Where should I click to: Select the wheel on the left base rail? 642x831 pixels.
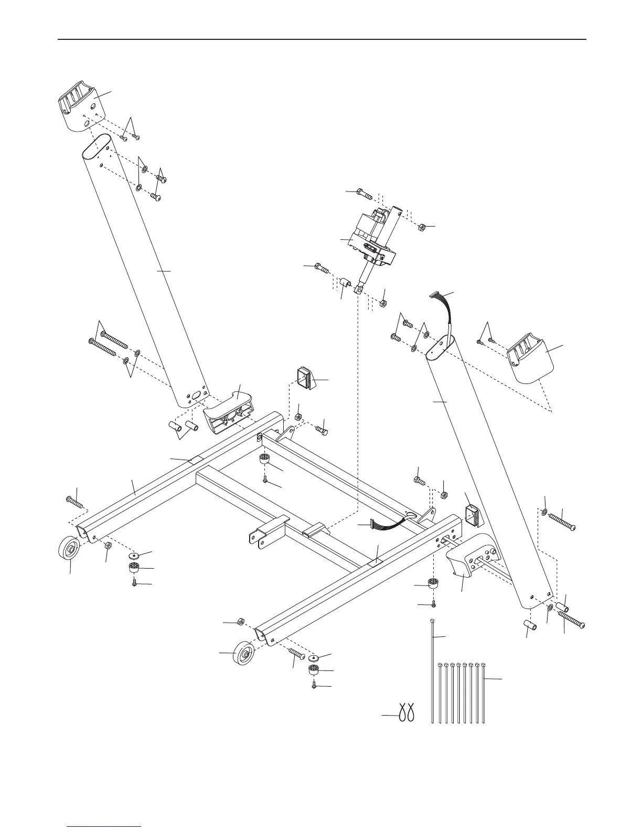tap(68, 550)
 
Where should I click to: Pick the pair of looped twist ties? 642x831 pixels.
tap(407, 713)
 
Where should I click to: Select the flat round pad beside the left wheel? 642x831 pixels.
tap(133, 556)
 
